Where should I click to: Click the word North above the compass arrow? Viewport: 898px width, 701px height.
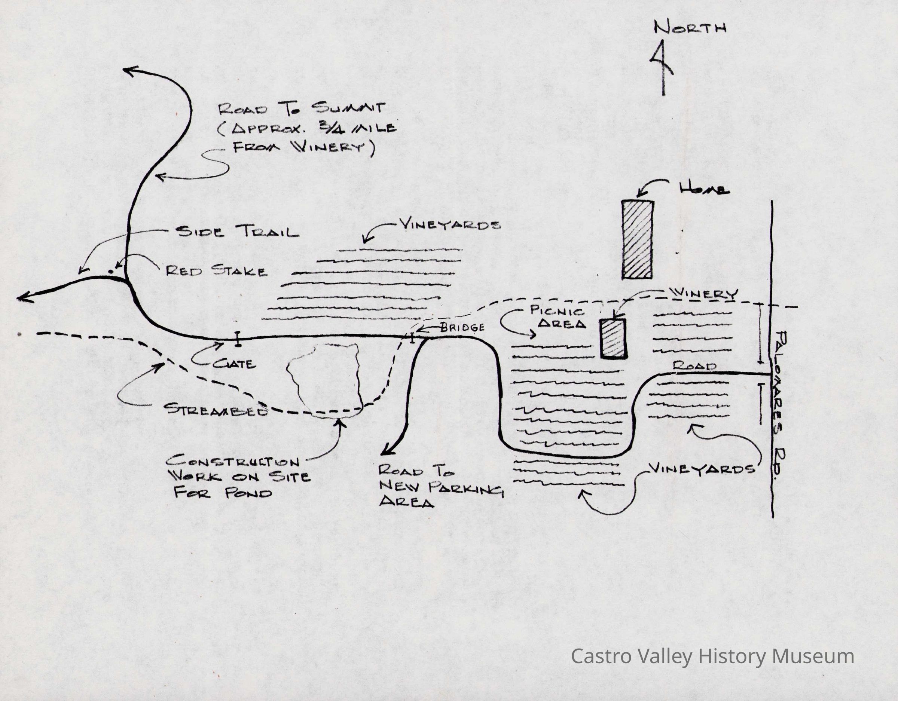click(690, 28)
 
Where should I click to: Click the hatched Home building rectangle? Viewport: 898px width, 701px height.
click(637, 240)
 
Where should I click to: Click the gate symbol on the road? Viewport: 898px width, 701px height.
click(237, 339)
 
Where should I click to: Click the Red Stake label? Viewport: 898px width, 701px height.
click(216, 271)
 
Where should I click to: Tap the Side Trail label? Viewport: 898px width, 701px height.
click(238, 232)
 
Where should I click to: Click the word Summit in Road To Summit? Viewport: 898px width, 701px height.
click(348, 108)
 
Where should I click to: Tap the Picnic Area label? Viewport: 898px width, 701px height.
click(558, 317)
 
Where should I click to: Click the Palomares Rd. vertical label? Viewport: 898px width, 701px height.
click(779, 405)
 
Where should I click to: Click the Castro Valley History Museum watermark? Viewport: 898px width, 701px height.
click(712, 656)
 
